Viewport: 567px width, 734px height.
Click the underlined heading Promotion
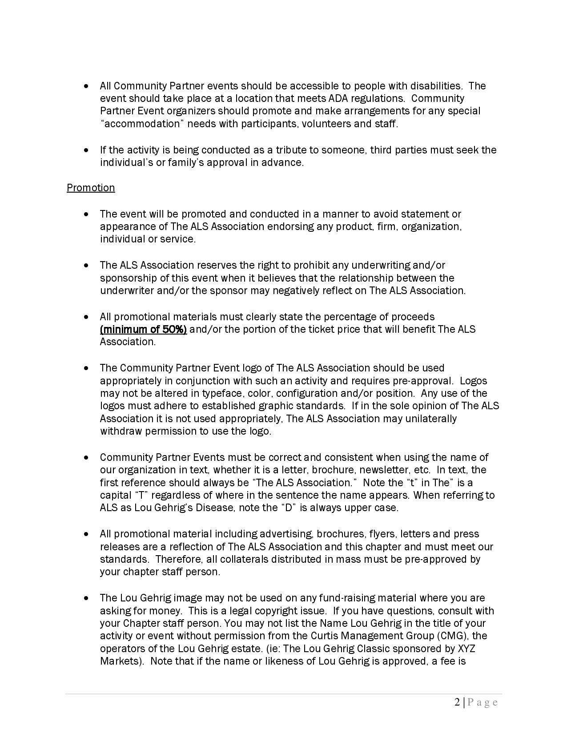click(x=91, y=188)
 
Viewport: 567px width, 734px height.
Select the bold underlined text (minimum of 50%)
click(x=143, y=329)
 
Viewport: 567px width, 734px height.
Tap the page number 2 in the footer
click(x=458, y=702)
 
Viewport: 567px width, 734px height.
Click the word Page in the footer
click(x=482, y=702)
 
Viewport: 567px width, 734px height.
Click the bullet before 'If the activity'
click(x=86, y=150)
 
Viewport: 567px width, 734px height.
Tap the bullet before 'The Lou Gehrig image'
click(x=86, y=598)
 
